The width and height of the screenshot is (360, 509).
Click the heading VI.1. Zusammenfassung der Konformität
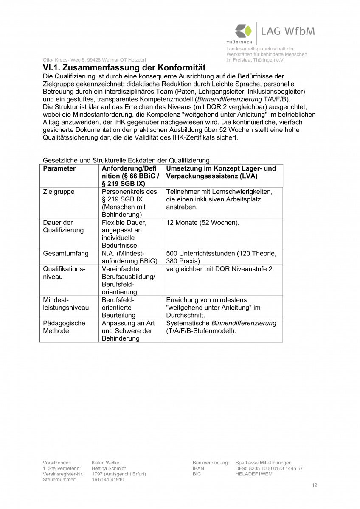pos(124,68)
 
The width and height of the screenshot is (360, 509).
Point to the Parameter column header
pos(59,168)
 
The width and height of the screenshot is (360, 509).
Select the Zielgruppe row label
pos(59,192)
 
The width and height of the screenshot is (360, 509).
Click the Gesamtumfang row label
pos(66,254)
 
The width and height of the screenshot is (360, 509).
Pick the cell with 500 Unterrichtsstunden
pos(221,257)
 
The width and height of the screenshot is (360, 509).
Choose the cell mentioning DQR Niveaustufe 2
pos(220,269)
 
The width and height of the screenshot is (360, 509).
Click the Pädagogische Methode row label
pos(64,327)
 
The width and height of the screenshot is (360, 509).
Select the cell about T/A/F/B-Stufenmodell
pos(221,327)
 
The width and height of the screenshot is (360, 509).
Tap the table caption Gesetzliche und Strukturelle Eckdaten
pos(127,160)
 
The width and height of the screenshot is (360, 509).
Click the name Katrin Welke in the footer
pos(105,463)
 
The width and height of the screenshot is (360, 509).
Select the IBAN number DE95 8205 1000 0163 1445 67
pos(269,468)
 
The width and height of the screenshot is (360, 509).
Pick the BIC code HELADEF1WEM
pos(253,474)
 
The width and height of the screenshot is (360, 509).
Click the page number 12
pos(314,485)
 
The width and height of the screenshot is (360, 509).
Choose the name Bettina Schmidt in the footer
pos(109,468)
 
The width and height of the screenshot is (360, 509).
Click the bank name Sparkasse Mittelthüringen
pos(263,463)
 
